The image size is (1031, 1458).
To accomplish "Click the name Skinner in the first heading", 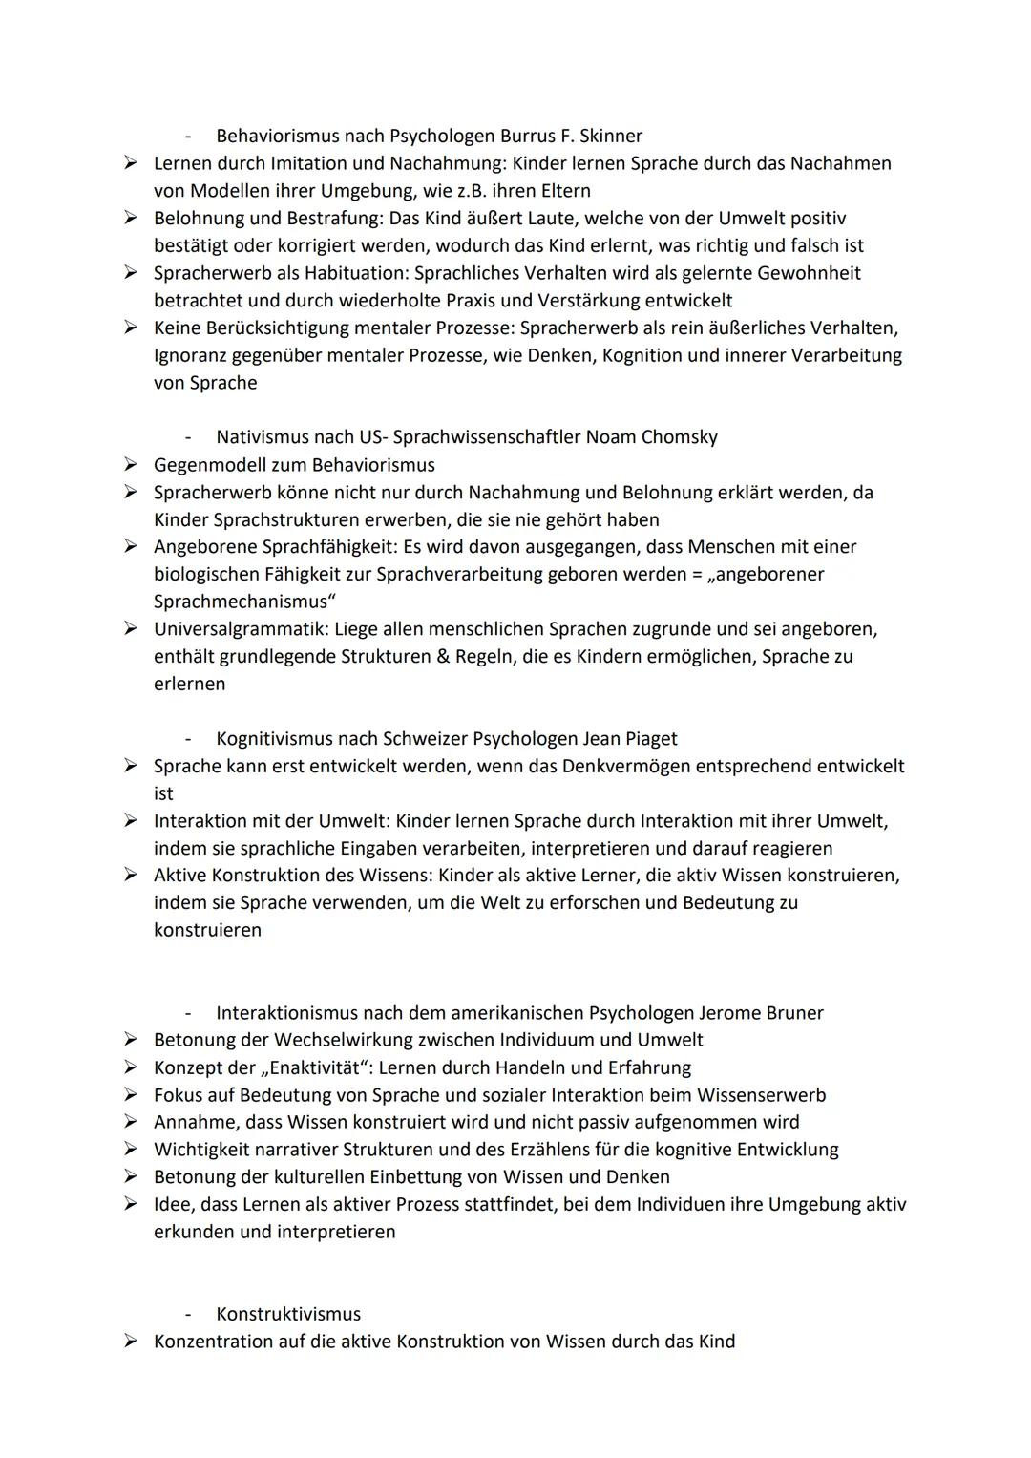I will (608, 136).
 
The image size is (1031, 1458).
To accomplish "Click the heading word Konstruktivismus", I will (288, 1314).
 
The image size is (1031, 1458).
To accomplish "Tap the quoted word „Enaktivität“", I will (316, 1067).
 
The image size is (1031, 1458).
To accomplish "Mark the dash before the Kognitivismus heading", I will (189, 739).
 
